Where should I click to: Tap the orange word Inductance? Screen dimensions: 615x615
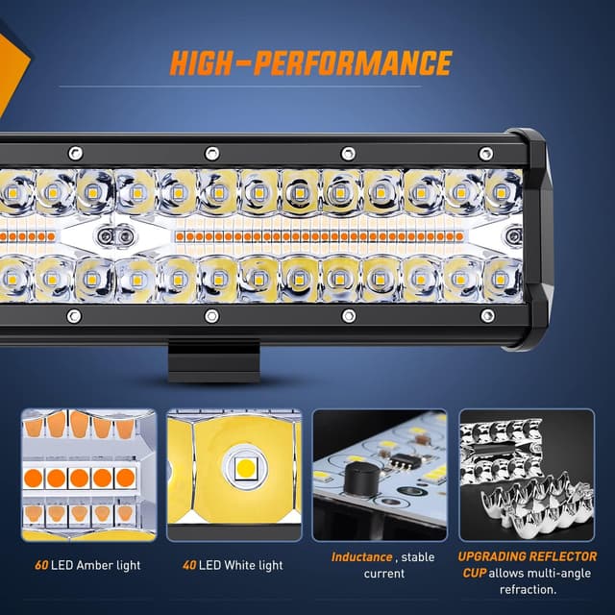[x=361, y=557]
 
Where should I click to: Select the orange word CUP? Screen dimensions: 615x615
[x=474, y=574]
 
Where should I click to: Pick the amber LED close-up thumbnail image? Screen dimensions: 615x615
[x=88, y=475]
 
